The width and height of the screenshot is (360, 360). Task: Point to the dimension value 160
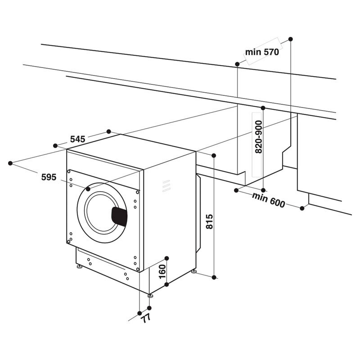click(162, 271)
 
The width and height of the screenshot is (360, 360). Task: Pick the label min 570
click(262, 52)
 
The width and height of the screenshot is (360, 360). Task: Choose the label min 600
click(269, 200)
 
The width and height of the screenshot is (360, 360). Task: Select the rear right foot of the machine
click(194, 271)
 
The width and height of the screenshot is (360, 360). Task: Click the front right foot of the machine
click(149, 295)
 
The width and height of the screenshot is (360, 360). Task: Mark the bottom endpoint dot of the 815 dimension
click(214, 276)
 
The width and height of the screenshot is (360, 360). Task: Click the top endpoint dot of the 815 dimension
click(214, 155)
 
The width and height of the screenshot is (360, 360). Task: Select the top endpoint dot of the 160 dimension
click(166, 258)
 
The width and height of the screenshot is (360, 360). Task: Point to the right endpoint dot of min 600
click(302, 207)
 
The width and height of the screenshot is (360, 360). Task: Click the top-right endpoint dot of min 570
click(290, 39)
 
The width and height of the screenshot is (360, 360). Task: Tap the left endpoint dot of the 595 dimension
click(10, 163)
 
